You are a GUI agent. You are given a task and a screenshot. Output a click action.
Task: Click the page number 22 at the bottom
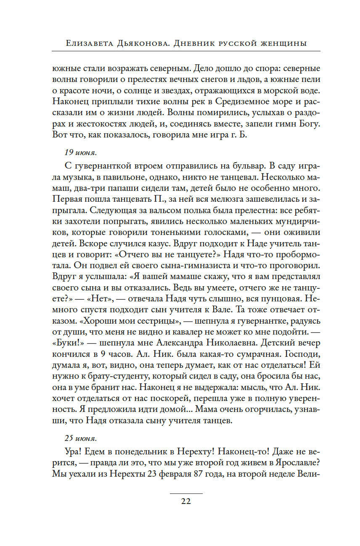pyautogui.click(x=185, y=501)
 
